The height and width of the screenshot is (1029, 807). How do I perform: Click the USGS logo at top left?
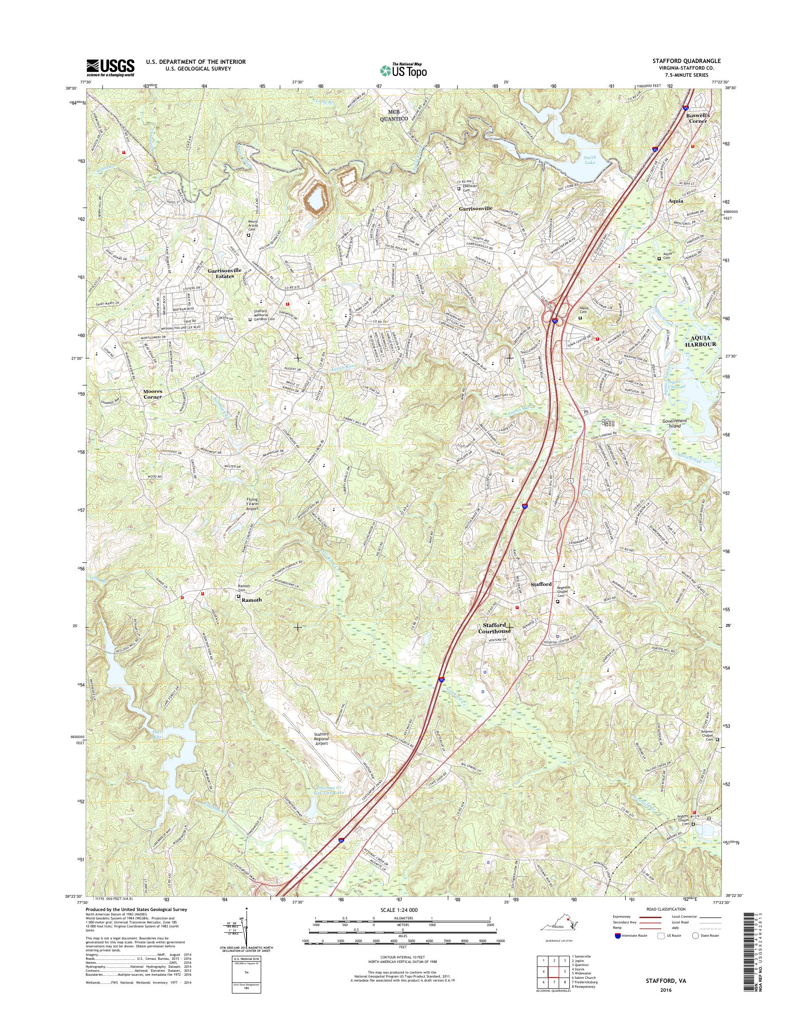(x=110, y=67)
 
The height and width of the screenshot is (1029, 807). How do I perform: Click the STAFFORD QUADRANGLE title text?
(x=693, y=61)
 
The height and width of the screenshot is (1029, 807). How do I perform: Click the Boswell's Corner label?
(x=697, y=118)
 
